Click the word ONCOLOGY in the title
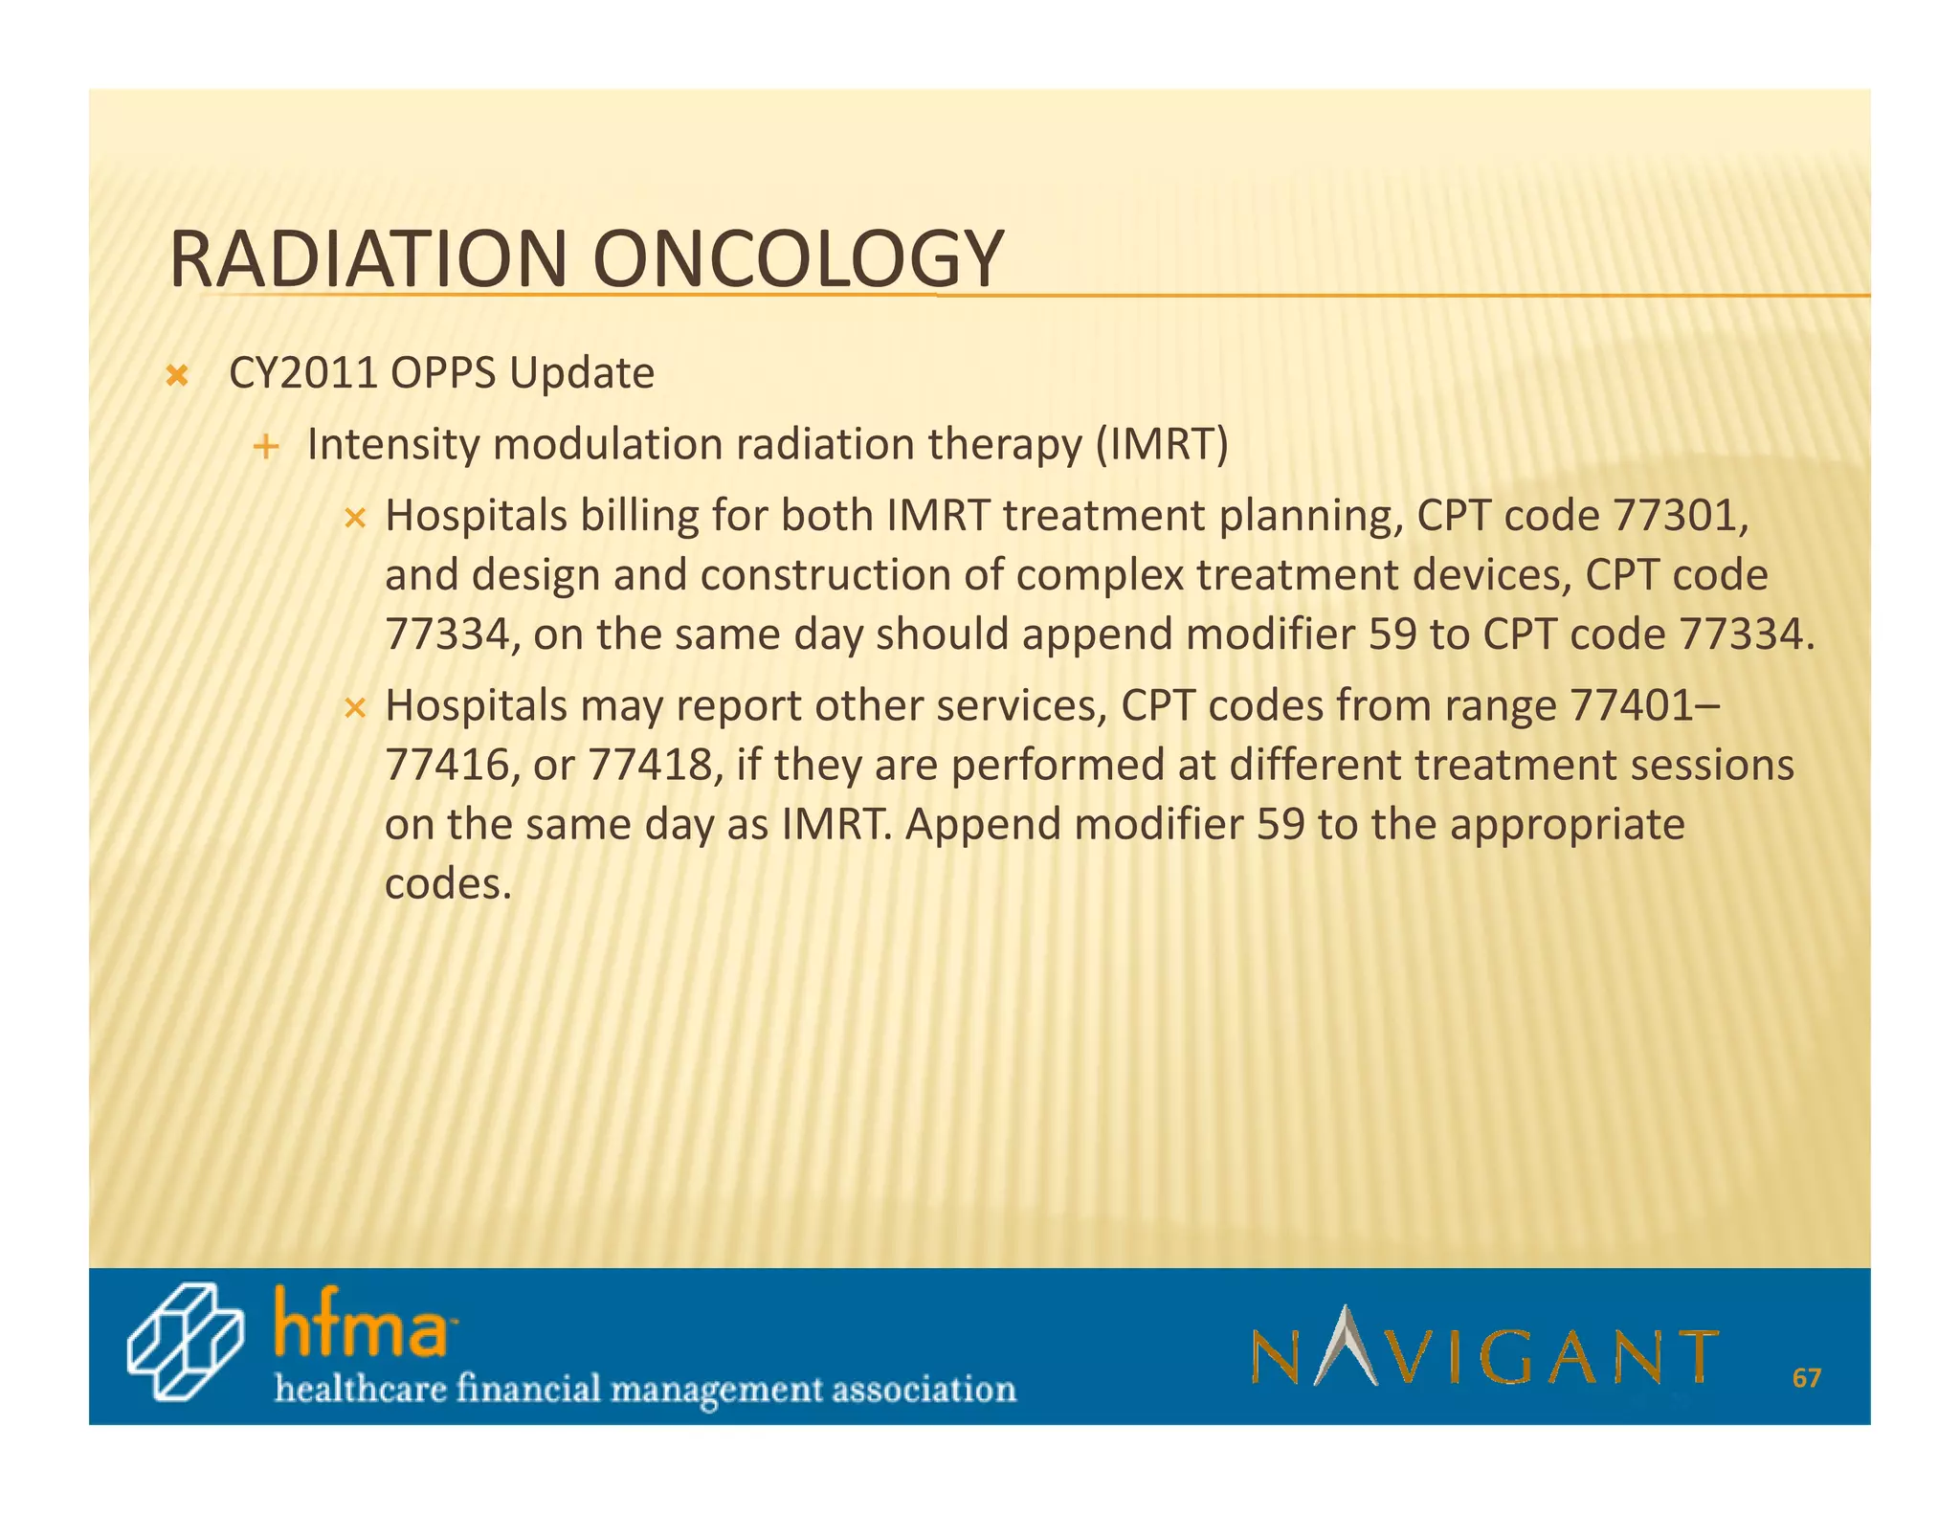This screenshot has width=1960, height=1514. tap(798, 259)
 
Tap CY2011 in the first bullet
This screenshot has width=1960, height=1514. tap(303, 373)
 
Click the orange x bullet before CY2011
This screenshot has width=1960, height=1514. tap(177, 376)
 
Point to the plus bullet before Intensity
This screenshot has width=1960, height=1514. tap(267, 447)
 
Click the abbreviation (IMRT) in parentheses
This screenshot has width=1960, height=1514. tap(1162, 445)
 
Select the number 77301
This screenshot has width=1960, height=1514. tap(1674, 517)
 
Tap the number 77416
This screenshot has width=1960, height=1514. tap(445, 765)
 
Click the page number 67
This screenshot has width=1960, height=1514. tap(1806, 1378)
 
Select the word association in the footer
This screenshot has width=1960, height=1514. tap(924, 1389)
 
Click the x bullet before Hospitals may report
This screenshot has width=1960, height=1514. tap(355, 709)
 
